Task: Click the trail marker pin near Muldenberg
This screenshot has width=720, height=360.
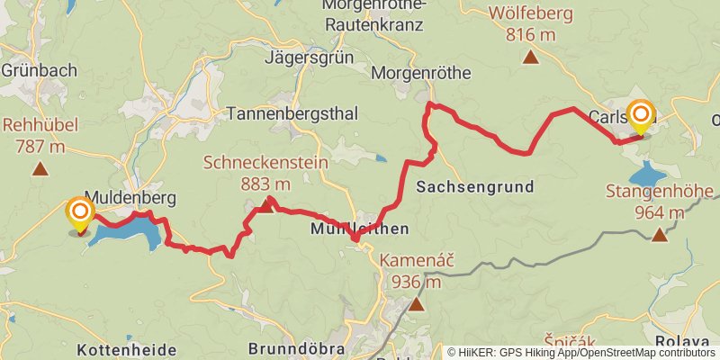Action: (x=80, y=213)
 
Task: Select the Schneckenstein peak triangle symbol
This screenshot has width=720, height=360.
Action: (x=265, y=207)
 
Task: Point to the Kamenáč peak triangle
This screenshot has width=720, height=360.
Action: (x=416, y=304)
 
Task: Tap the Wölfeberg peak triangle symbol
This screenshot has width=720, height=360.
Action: (x=531, y=58)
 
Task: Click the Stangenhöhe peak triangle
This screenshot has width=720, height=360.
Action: (x=660, y=235)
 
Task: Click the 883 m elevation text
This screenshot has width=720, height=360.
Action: (x=265, y=184)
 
